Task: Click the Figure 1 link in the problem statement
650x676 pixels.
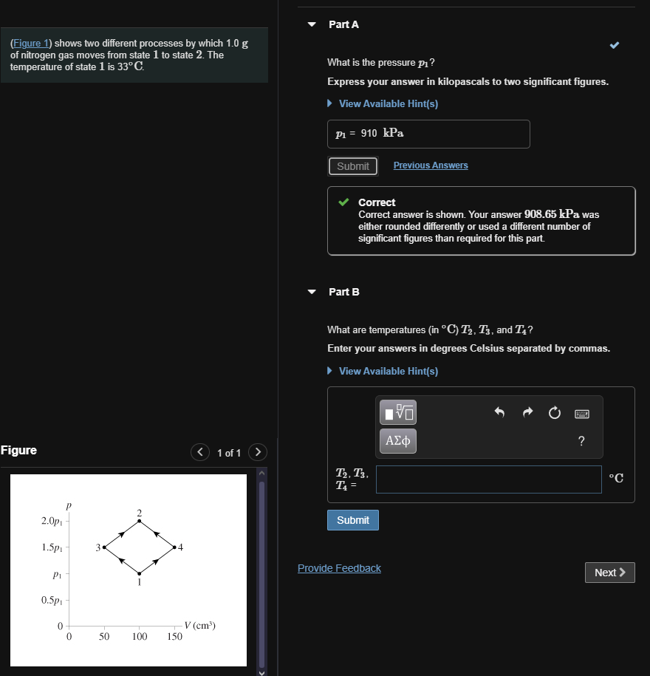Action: pos(30,44)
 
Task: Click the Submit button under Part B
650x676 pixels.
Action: pos(353,520)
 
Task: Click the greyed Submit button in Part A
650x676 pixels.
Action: pos(353,166)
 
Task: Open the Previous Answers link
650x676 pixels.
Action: pos(431,165)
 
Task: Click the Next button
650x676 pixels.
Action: pos(610,573)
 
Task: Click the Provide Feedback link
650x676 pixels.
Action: pos(339,568)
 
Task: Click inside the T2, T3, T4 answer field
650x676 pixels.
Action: pos(488,479)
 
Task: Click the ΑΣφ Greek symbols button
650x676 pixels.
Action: pos(398,441)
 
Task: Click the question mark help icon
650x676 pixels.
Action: pos(581,442)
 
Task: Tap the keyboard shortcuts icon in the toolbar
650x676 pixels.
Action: pos(581,413)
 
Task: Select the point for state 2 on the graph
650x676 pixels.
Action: pos(139,522)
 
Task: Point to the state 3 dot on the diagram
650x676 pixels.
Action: pos(105,547)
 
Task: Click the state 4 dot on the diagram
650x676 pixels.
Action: pos(174,547)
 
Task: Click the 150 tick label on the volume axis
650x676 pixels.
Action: pos(174,636)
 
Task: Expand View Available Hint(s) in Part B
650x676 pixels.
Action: pos(388,371)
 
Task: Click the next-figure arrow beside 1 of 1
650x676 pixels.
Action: pos(257,452)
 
